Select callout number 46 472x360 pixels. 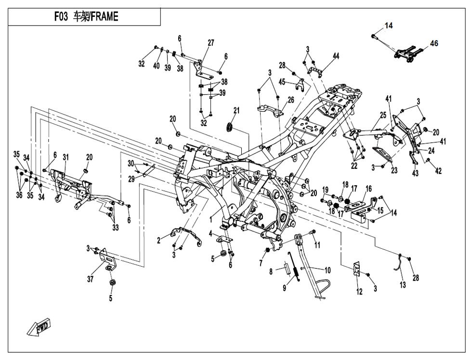pyautogui.click(x=434, y=43)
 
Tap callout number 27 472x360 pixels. pyautogui.click(x=211, y=43)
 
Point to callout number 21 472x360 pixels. pyautogui.click(x=236, y=111)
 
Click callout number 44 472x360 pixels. pyautogui.click(x=336, y=56)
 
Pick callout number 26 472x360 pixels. pyautogui.click(x=291, y=100)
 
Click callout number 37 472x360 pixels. pyautogui.click(x=90, y=280)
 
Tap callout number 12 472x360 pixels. pyautogui.click(x=359, y=293)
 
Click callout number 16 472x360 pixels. pyautogui.click(x=368, y=189)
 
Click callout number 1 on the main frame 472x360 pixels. pyautogui.click(x=210, y=218)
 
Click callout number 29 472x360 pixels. pyautogui.click(x=131, y=178)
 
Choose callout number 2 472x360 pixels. pyautogui.click(x=159, y=241)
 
